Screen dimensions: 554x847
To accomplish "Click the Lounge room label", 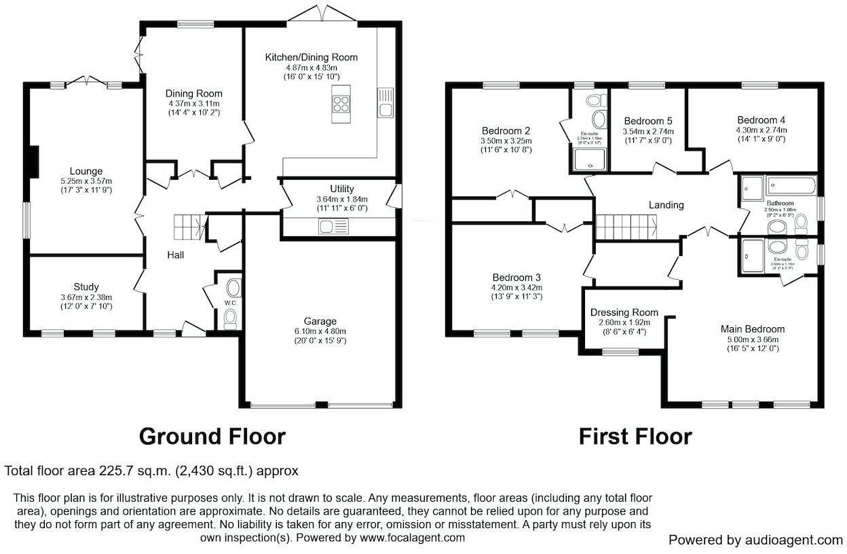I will (86, 171).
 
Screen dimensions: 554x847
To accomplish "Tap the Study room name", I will (86, 287).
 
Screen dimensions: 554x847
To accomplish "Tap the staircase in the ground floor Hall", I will (189, 227).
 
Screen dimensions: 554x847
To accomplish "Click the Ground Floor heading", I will (212, 436).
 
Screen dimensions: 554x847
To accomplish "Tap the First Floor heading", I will (635, 436).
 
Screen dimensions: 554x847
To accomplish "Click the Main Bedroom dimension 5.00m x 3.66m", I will (752, 339).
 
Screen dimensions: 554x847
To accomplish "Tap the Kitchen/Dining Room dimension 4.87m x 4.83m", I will (311, 68).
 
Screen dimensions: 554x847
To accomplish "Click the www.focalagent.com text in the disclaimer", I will (412, 538).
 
